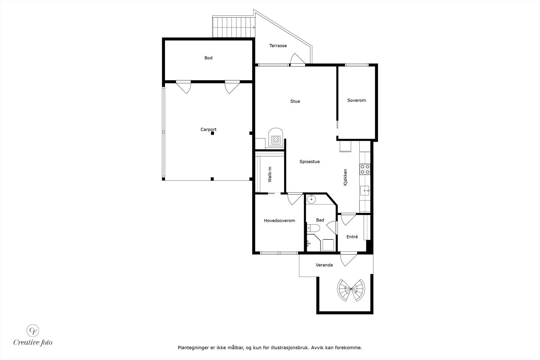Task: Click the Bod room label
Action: click(x=208, y=58)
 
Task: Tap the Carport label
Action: click(x=208, y=130)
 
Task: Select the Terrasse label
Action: click(x=278, y=46)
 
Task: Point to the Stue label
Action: click(x=295, y=101)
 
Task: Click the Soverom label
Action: click(x=356, y=100)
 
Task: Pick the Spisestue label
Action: click(x=309, y=162)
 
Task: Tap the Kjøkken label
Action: click(x=345, y=177)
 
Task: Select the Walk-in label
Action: click(x=270, y=174)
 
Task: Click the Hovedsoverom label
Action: click(x=279, y=221)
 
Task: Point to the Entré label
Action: click(x=352, y=237)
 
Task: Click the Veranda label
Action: click(x=324, y=265)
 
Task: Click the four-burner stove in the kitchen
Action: click(x=364, y=169)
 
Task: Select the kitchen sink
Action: click(x=365, y=191)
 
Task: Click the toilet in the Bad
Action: click(x=314, y=229)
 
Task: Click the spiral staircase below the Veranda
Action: click(x=351, y=289)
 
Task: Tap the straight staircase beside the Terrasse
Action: click(x=233, y=27)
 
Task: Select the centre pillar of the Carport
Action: click(x=212, y=134)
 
